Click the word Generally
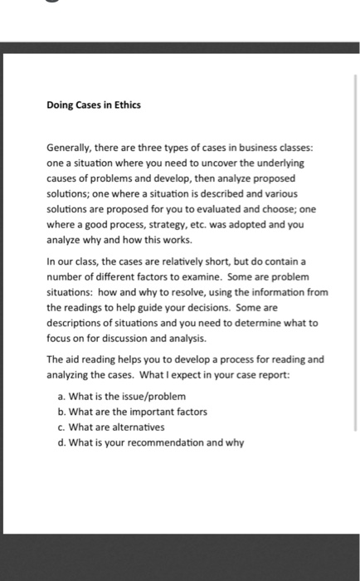69,148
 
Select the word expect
220,374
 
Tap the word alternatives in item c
138,427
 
